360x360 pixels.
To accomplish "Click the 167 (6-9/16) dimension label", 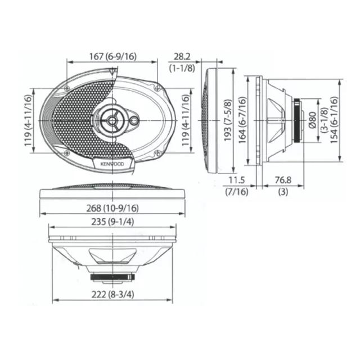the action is click(112, 56).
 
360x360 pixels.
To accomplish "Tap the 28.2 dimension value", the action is click(182, 56).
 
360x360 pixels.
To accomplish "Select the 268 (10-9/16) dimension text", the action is click(112, 208).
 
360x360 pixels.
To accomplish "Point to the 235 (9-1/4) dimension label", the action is click(112, 222).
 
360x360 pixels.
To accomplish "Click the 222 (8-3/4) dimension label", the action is click(112, 294).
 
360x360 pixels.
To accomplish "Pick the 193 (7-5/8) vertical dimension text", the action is click(228, 120).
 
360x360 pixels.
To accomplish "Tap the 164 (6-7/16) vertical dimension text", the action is click(242, 120).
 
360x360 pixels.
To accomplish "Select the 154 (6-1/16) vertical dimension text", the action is click(334, 120).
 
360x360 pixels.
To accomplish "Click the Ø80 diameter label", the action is click(313, 120).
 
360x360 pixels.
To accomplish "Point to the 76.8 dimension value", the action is click(283, 180).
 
